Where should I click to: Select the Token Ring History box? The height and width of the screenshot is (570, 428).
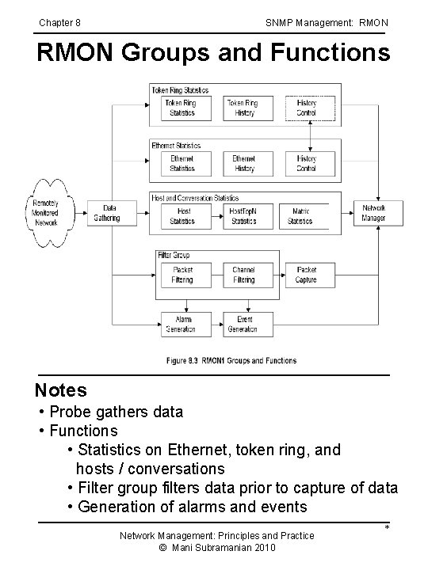tap(243, 108)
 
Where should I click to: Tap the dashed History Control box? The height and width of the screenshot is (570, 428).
tap(306, 108)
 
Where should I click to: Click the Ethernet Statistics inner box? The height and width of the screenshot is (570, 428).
tap(182, 163)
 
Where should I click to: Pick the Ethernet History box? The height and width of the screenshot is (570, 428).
tap(244, 163)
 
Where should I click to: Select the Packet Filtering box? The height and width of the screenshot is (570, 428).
tap(182, 275)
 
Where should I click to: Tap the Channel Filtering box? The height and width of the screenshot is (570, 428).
tap(244, 275)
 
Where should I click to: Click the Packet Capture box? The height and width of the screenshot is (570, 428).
tap(306, 275)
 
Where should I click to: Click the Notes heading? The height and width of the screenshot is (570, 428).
tap(61, 390)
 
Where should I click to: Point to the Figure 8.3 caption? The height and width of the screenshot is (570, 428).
tap(231, 360)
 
